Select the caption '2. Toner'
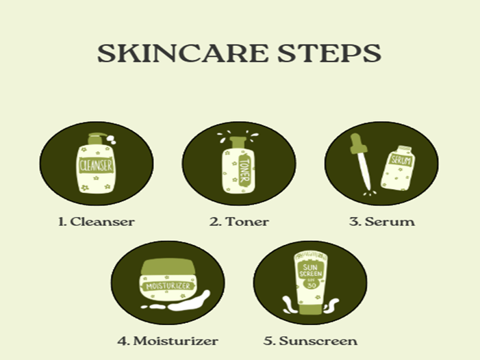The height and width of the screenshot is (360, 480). tap(239, 222)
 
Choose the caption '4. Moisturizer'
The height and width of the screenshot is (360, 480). tap(168, 340)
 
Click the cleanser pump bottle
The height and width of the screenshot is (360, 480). tap(95, 168)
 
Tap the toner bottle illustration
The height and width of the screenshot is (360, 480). tap(236, 168)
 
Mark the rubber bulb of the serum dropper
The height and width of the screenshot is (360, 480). tap(355, 140)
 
